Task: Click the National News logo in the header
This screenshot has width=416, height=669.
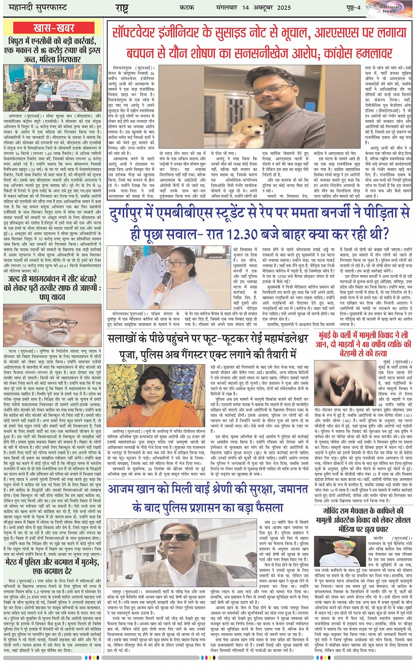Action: pos(389,8)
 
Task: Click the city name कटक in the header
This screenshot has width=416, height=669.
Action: pos(187,7)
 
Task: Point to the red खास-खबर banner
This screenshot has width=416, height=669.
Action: pos(54,28)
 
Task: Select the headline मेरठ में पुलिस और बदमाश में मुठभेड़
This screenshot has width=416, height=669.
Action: pos(54,566)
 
